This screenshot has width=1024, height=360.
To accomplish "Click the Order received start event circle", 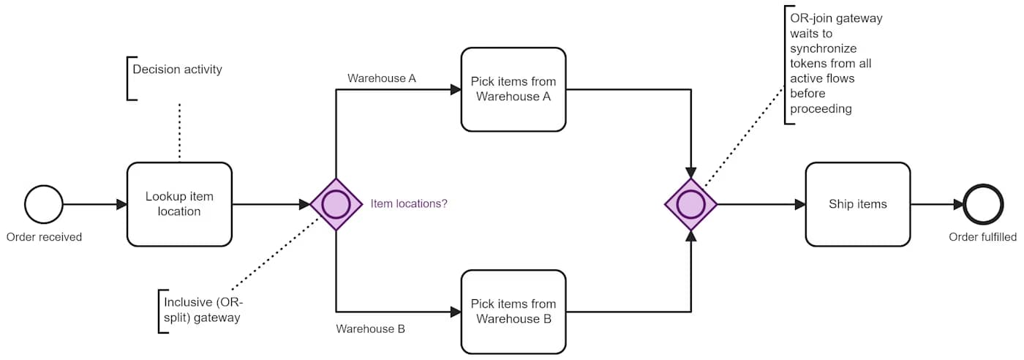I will tap(44, 204).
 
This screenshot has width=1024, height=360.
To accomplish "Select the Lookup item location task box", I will tap(179, 204).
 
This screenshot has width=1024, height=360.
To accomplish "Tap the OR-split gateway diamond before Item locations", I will tap(336, 204).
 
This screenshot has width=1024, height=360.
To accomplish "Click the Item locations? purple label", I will tap(409, 204).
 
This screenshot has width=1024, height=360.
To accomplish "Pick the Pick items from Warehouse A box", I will tap(513, 89).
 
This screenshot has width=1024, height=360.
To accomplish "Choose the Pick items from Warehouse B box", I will tap(513, 312).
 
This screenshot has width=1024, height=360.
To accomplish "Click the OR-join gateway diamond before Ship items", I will tap(691, 204).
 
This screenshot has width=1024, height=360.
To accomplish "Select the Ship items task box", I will tap(857, 204).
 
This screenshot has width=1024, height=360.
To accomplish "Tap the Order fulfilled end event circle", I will tap(982, 204).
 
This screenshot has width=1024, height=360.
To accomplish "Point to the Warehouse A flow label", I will tap(381, 78).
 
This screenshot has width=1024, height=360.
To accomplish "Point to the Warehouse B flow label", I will tap(370, 329).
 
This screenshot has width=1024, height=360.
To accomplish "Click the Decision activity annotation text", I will tap(177, 70).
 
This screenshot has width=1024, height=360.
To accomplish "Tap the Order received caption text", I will tap(44, 237).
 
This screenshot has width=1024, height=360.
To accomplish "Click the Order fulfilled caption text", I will tap(982, 237).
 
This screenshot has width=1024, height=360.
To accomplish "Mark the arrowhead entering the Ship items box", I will tap(800, 204).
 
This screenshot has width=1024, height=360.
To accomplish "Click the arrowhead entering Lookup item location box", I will tap(121, 204).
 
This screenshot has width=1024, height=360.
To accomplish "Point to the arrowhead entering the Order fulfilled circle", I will tap(958, 204).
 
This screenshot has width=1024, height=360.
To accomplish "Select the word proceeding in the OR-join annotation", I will tap(820, 108).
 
